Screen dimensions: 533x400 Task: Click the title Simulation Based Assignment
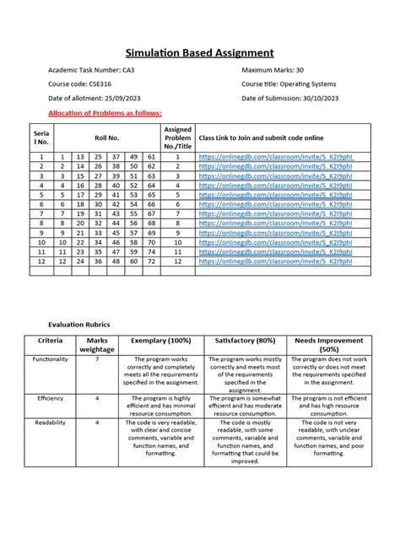pyautogui.click(x=200, y=53)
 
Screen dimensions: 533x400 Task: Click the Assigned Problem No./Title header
pyautogui.click(x=177, y=139)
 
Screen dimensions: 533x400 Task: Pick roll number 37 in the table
pyautogui.click(x=115, y=156)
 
